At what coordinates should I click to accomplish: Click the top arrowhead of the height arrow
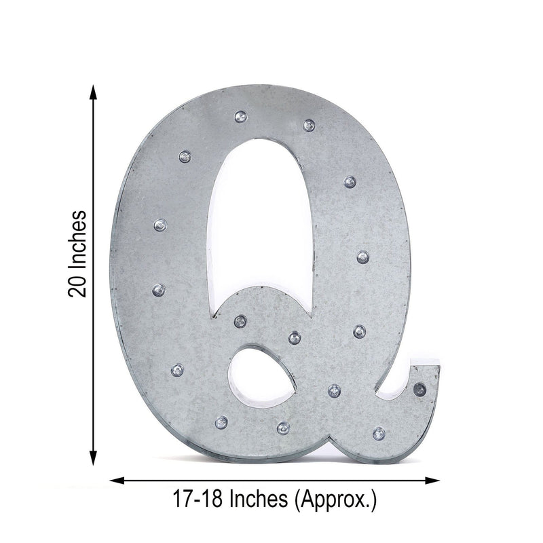click(x=93, y=92)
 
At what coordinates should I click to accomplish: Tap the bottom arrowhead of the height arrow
click(x=93, y=457)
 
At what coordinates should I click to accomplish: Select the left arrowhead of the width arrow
click(x=117, y=481)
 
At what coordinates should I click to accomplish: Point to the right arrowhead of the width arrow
click(x=432, y=481)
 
